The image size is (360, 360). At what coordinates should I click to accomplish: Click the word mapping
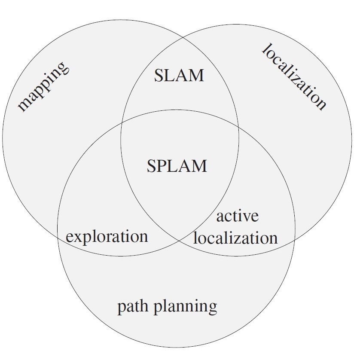tap(43, 87)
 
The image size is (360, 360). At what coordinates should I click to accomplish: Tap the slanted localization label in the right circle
tap(294, 77)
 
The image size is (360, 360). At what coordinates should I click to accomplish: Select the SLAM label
tap(178, 76)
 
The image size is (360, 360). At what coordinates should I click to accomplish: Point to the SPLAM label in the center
tap(177, 165)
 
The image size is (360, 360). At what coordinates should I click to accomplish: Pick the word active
tap(237, 216)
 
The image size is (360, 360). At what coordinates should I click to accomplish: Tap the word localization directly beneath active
tap(235, 238)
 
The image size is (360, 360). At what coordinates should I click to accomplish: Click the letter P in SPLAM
tap(163, 165)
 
